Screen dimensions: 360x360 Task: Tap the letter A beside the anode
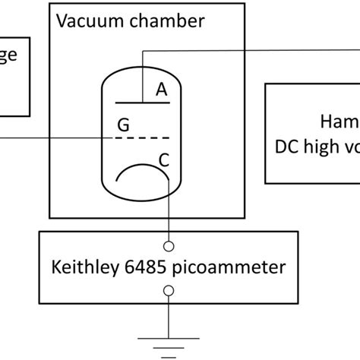(x=161, y=90)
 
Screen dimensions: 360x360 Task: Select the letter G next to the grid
(x=123, y=124)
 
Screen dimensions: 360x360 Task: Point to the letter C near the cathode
(x=165, y=159)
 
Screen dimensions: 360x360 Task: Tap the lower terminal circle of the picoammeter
(x=169, y=290)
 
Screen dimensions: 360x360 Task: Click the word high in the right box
(x=322, y=146)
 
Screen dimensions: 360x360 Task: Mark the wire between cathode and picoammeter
(x=169, y=213)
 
